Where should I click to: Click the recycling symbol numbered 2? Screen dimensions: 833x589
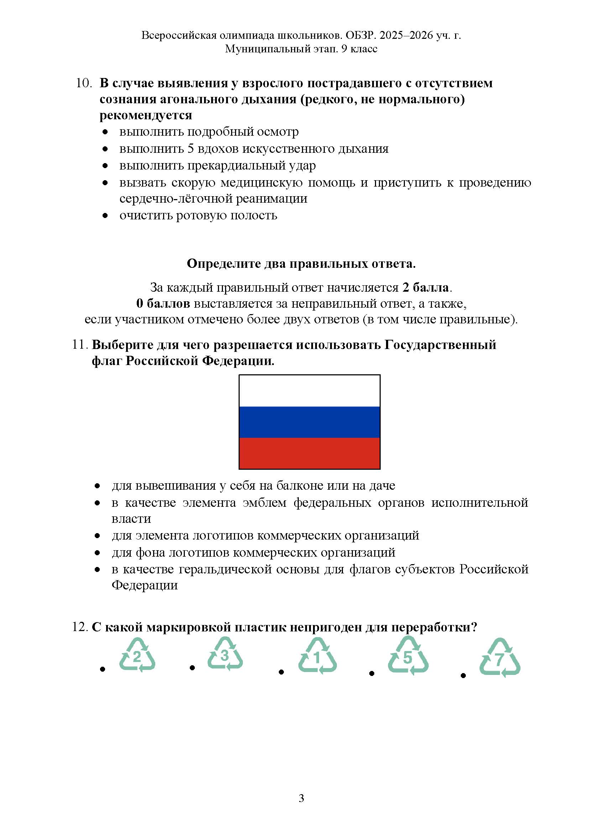pyautogui.click(x=137, y=657)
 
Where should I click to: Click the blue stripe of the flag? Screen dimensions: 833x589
pyautogui.click(x=309, y=422)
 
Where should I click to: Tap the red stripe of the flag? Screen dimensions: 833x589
pyautogui.click(x=309, y=453)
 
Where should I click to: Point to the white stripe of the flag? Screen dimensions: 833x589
pyautogui.click(x=309, y=391)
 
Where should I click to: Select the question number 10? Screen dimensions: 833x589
pyautogui.click(x=83, y=83)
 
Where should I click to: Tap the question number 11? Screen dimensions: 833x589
pyautogui.click(x=80, y=344)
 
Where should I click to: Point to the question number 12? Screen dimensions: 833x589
pyautogui.click(x=80, y=626)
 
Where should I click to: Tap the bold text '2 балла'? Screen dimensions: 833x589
pyautogui.click(x=426, y=287)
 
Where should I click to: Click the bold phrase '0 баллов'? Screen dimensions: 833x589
pyautogui.click(x=163, y=303)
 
